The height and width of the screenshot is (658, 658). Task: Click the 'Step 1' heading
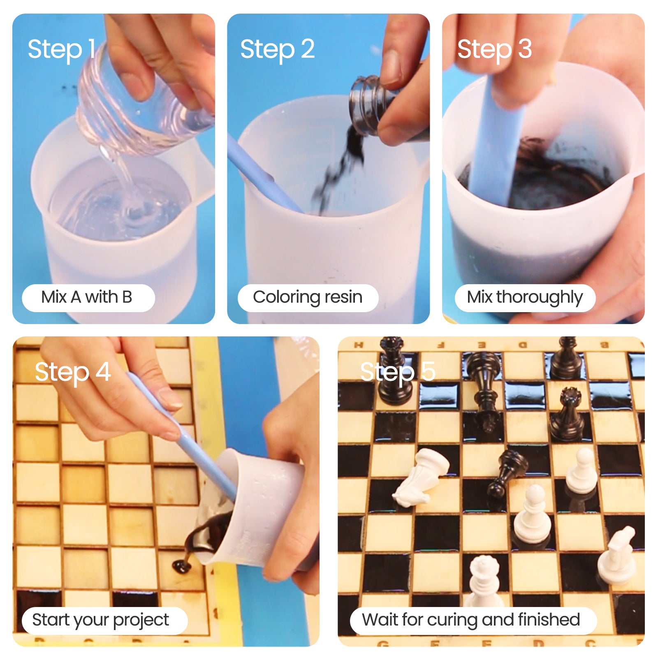click(x=62, y=49)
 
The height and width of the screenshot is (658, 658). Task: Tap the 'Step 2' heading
click(x=278, y=49)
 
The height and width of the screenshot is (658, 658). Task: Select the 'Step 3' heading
click(x=494, y=49)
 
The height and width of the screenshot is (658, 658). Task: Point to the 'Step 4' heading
click(x=73, y=372)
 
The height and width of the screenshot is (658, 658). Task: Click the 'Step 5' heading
click(x=398, y=372)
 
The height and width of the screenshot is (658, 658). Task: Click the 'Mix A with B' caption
click(x=87, y=297)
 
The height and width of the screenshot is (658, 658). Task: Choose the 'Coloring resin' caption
click(x=308, y=297)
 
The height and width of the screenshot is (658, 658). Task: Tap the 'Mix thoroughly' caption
click(x=525, y=297)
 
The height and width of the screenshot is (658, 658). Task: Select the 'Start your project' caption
click(x=100, y=620)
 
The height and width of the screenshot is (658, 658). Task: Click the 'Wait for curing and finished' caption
click(x=471, y=620)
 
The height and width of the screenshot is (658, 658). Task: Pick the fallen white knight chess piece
click(x=422, y=477)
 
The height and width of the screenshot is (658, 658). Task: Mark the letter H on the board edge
click(x=359, y=345)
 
